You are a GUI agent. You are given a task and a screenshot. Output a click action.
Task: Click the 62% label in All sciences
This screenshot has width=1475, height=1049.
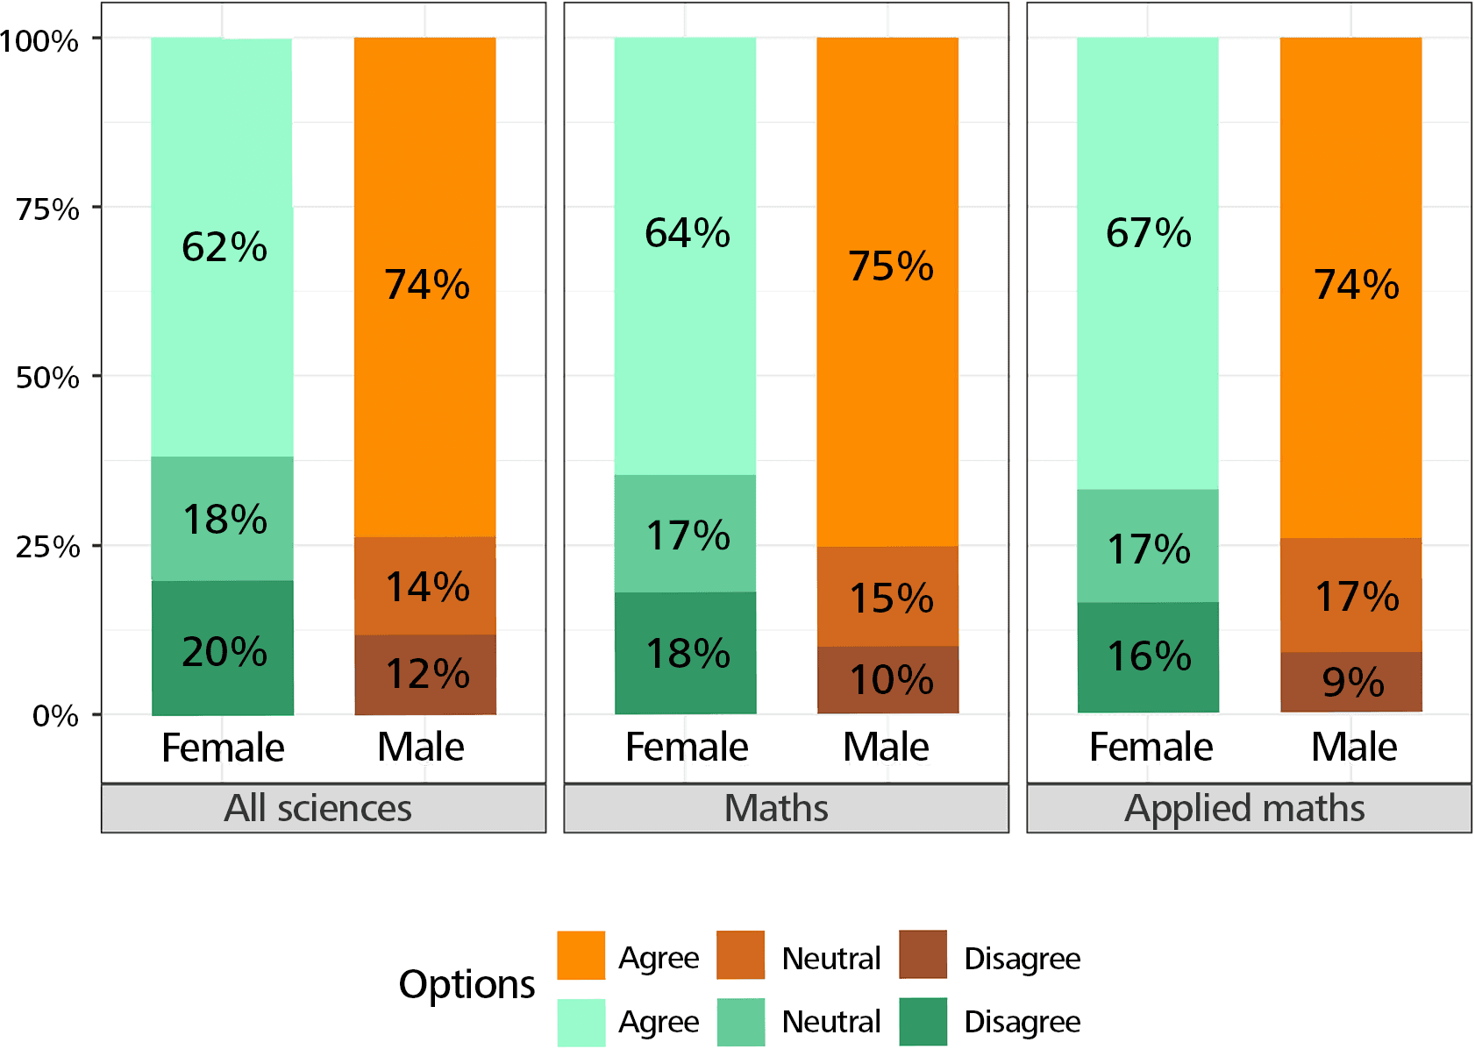pos(224,247)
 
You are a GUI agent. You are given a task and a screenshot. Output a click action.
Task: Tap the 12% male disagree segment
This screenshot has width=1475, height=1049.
pos(426,674)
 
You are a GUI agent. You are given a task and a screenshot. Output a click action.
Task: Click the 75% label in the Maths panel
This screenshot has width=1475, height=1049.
pos(890,266)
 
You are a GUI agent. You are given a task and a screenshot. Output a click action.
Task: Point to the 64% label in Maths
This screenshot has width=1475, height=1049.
pos(687,233)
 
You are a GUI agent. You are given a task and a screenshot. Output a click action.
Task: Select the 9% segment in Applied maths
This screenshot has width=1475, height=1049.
pos(1351,682)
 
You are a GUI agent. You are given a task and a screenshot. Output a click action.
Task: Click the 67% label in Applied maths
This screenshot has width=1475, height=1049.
pos(1148,233)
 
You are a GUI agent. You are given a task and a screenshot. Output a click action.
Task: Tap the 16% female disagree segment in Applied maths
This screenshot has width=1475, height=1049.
pos(1148,656)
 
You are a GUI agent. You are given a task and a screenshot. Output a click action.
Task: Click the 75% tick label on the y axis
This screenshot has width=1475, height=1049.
pos(47,209)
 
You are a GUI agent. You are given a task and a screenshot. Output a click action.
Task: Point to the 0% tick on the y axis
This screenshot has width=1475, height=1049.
pos(55,716)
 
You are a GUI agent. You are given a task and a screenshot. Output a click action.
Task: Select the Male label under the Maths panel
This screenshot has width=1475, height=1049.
pos(886,748)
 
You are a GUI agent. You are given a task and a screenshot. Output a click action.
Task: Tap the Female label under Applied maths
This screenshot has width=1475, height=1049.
pos(1150,748)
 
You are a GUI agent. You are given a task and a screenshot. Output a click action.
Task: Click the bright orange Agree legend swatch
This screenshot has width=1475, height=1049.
pos(581,955)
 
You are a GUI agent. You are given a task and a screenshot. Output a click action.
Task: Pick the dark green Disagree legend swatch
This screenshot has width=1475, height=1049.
pos(923,1022)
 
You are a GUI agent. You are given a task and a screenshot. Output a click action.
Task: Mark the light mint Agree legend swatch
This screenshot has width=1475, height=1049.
pos(581,1022)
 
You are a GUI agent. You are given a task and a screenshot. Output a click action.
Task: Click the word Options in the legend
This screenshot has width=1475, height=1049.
pos(467,984)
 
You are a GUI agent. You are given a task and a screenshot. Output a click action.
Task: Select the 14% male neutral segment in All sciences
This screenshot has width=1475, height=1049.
pos(426,586)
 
